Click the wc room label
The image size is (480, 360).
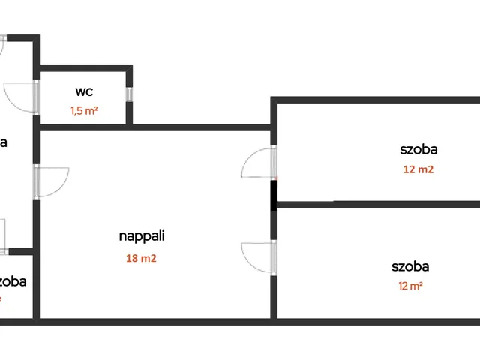click(84, 92)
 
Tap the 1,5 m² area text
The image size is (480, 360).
click(84, 110)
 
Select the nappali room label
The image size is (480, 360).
click(142, 235)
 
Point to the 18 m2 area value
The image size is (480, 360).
click(142, 259)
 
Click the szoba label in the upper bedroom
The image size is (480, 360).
click(418, 149)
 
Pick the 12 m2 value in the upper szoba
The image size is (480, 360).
click(418, 169)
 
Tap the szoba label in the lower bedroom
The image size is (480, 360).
click(409, 266)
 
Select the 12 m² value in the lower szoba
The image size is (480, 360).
click(409, 286)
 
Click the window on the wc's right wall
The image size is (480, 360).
click(129, 94)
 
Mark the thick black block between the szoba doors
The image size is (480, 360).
click(274, 194)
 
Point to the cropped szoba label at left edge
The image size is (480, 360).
click(13, 282)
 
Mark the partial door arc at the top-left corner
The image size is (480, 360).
click(2, 45)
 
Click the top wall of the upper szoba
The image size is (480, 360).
click(375, 100)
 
